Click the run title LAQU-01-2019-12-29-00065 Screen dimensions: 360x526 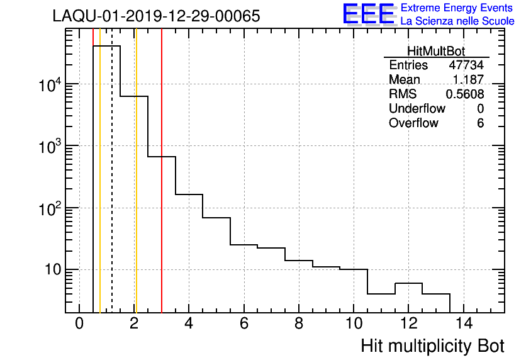156,16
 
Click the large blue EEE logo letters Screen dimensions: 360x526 369,14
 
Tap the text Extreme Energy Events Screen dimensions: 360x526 457,8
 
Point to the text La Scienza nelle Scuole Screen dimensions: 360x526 457,21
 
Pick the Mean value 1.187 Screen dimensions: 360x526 468,80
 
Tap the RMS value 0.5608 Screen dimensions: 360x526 464,94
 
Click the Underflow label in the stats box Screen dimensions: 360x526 417,109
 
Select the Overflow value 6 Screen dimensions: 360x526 480,123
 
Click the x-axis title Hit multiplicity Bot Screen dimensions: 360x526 432,346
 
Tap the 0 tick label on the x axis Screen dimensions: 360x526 79,324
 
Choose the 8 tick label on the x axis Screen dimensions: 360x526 298,324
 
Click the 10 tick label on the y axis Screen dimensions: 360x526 51,270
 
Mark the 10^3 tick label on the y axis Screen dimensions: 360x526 48,146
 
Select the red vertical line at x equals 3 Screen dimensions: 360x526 162,189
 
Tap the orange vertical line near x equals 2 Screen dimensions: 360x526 135,189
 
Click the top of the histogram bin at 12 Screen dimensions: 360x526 408,283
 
